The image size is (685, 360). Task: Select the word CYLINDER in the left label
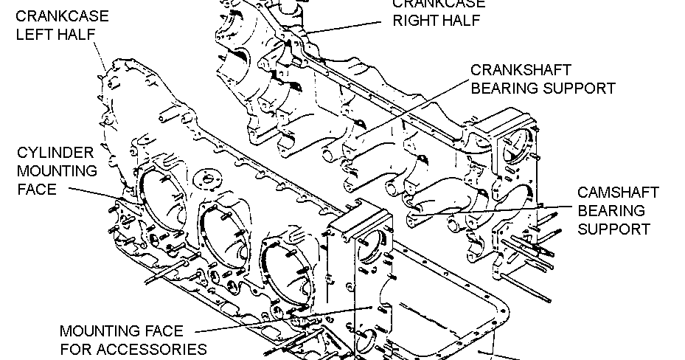(x=56, y=153)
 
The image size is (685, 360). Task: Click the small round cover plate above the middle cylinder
(x=207, y=180)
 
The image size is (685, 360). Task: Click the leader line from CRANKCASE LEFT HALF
(x=99, y=55)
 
